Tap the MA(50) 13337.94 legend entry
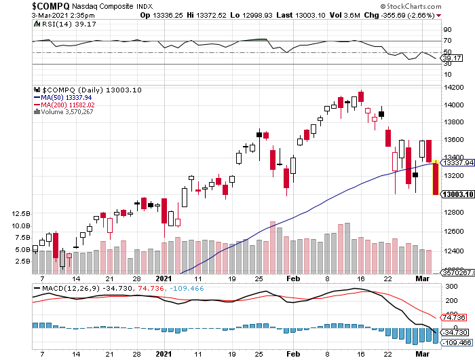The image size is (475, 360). (64, 97)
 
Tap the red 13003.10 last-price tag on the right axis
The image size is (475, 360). (456, 194)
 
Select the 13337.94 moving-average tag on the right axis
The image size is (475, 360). (456, 163)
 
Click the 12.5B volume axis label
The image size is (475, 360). (20, 213)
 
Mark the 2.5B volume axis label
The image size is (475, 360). (20, 261)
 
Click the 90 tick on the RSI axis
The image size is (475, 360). (448, 30)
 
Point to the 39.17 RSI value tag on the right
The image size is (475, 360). (451, 58)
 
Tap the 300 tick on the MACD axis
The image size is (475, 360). (449, 287)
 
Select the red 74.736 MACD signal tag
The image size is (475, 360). (453, 317)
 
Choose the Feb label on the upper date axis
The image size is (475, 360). (293, 278)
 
